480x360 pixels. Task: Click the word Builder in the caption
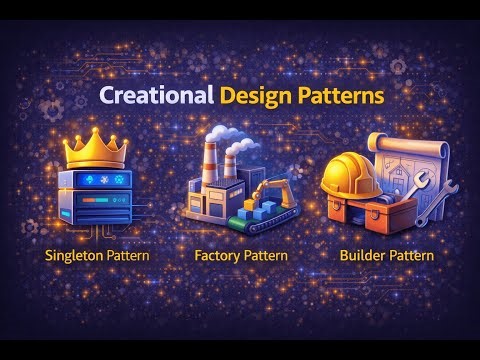tap(361, 255)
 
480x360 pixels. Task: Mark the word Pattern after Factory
tap(263, 255)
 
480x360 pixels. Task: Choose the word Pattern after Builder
tap(411, 255)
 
